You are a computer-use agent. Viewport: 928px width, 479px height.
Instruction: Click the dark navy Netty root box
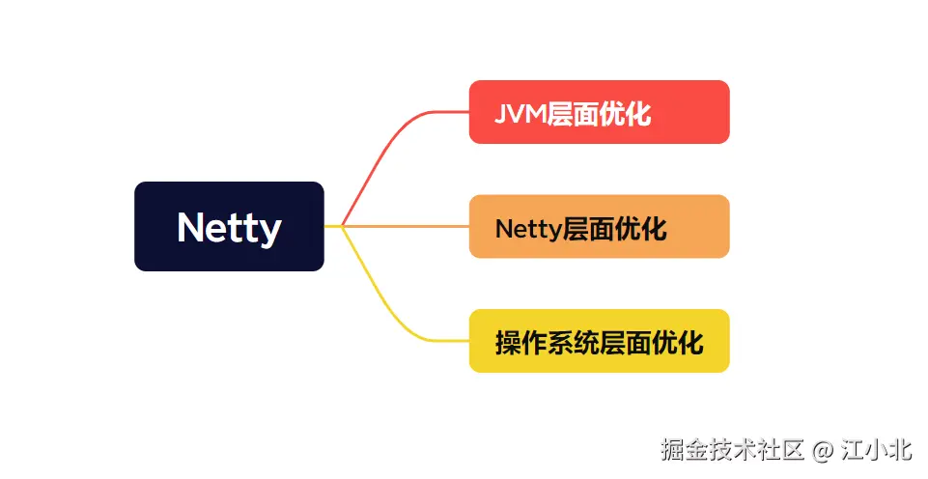(229, 226)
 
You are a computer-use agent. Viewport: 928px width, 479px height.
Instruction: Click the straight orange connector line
(406, 226)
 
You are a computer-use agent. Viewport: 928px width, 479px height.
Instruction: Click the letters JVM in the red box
(520, 115)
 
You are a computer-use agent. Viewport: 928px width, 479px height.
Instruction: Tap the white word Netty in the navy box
(229, 228)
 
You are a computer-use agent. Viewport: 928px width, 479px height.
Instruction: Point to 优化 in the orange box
(642, 229)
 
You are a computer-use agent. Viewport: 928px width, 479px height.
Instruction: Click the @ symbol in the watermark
(822, 450)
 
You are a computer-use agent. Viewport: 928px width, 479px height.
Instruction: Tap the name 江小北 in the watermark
(876, 450)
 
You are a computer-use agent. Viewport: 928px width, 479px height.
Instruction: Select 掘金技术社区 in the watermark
(732, 450)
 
